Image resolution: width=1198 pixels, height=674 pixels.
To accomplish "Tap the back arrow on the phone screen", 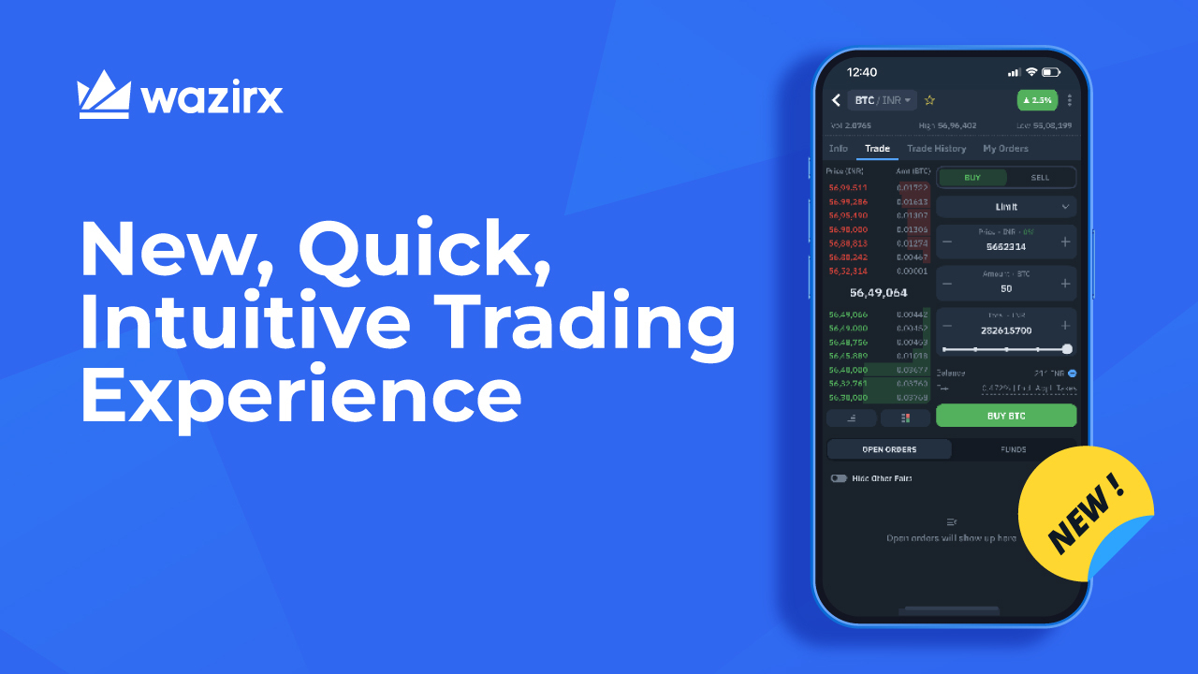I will pyautogui.click(x=836, y=100).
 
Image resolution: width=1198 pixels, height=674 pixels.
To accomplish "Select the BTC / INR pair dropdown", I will pyautogui.click(x=882, y=100).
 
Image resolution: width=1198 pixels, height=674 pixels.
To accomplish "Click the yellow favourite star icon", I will pyautogui.click(x=929, y=100).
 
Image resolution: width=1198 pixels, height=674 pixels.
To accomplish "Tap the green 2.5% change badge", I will pyautogui.click(x=1036, y=100).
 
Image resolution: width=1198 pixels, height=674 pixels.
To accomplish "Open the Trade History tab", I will pyautogui.click(x=936, y=149).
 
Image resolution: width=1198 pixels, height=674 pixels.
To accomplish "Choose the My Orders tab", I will pyautogui.click(x=1005, y=149).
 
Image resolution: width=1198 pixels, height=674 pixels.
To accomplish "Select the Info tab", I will pyautogui.click(x=838, y=149).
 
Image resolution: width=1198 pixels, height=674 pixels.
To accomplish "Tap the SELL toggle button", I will pyautogui.click(x=1040, y=178).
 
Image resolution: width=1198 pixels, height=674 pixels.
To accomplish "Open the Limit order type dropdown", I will pyautogui.click(x=1006, y=207).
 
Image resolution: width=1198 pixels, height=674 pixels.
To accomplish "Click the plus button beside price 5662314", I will pyautogui.click(x=1065, y=242).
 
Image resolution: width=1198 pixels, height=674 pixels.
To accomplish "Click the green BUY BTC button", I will pyautogui.click(x=1006, y=416).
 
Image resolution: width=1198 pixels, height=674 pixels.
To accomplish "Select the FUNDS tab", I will pyautogui.click(x=1013, y=449).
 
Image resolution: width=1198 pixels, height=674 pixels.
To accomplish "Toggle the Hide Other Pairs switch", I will pyautogui.click(x=839, y=478).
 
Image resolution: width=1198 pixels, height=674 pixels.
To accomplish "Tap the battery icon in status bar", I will pyautogui.click(x=1052, y=72).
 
